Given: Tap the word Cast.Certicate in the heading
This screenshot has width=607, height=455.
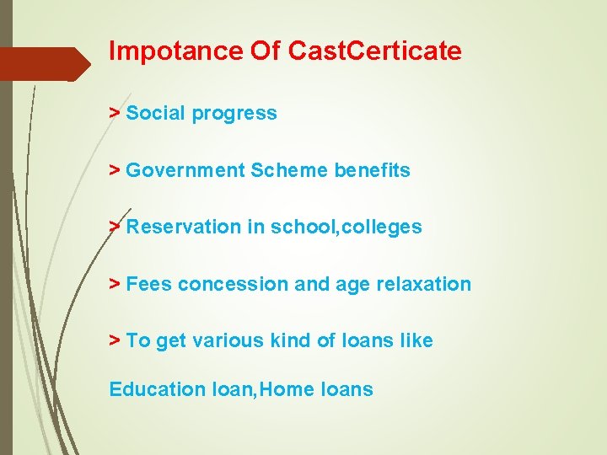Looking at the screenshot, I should coord(375,51).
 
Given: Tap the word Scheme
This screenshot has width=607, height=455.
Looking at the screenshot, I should coord(288,170).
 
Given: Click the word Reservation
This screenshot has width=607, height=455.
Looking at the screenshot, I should coord(183,227).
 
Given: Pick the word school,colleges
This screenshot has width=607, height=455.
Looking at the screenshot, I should coord(346,227).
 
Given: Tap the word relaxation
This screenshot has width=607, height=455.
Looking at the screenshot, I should coord(422,284).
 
